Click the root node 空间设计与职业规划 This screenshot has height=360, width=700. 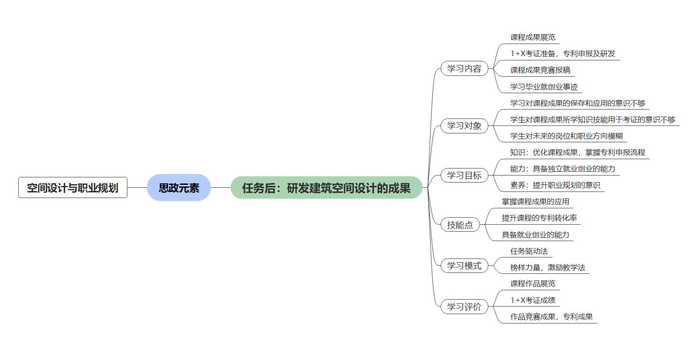[73, 188]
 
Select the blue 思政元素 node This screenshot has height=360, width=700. [179, 188]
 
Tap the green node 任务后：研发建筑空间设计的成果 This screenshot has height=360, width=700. [326, 188]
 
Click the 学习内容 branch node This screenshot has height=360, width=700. [464, 69]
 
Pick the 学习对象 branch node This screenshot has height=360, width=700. [464, 125]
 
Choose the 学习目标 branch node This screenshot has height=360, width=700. [464, 176]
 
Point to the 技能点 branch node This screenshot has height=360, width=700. [460, 225]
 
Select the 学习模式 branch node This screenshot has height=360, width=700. [464, 266]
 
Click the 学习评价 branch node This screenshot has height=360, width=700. [464, 307]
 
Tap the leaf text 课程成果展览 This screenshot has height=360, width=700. [533, 37]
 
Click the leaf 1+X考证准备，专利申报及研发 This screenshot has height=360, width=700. [563, 54]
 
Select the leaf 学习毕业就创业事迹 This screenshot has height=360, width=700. [544, 87]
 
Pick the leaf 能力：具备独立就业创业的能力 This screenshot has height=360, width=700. [563, 169]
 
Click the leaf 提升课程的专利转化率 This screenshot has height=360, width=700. [539, 218]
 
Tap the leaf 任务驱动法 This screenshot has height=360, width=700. [529, 251]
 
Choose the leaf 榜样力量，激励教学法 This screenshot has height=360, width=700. [548, 268]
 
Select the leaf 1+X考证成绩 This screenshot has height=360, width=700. [533, 300]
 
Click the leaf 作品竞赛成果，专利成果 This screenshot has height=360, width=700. [552, 317]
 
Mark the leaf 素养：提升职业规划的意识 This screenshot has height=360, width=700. [555, 185]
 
